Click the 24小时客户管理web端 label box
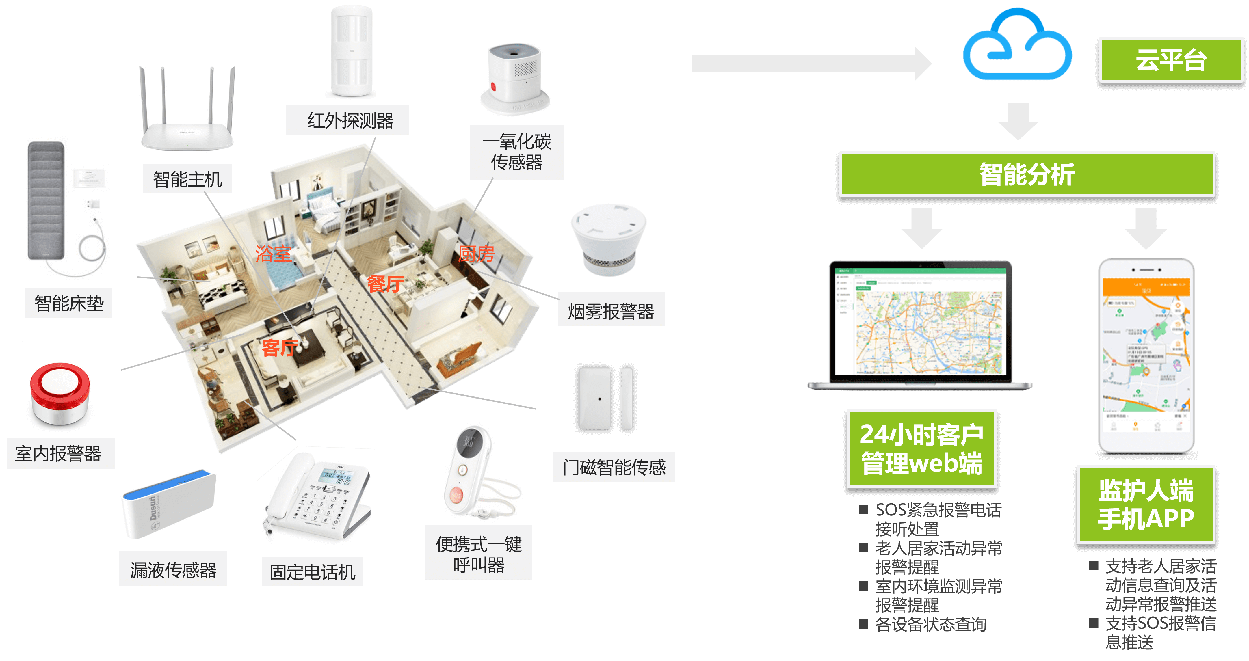tap(921, 448)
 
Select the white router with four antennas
tap(186, 111)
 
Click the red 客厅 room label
tap(280, 347)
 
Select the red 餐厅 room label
tap(385, 284)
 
